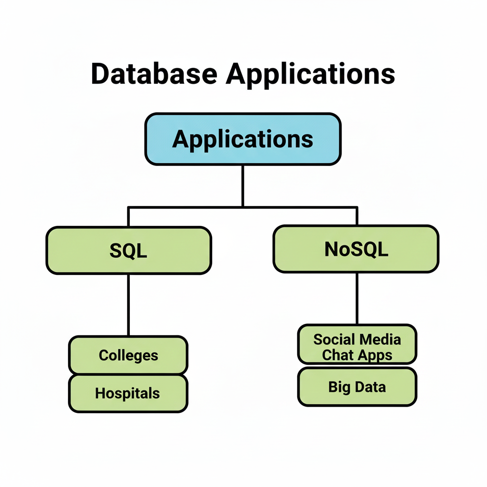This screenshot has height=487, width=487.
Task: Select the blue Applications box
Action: [x=243, y=139]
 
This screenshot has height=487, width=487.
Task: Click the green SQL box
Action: [x=128, y=251]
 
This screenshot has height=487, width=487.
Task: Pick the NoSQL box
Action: [x=356, y=249]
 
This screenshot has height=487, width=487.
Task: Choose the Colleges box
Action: [x=128, y=355]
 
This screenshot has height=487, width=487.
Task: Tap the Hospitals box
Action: [x=128, y=393]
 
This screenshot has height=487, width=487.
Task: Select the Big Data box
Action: [x=357, y=387]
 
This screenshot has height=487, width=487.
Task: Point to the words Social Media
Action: [x=357, y=340]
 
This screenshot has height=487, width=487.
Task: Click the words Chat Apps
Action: [x=357, y=355]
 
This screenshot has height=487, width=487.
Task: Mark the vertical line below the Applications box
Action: [x=243, y=185]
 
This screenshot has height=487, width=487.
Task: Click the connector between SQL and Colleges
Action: [x=128, y=304]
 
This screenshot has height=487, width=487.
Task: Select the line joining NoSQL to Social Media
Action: [x=357, y=298]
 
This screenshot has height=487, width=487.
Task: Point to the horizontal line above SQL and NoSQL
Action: [x=243, y=207]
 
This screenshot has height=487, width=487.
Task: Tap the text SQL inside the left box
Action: [x=128, y=251]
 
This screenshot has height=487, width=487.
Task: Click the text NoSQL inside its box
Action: [x=356, y=249]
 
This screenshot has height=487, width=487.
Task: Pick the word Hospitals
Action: [x=127, y=393]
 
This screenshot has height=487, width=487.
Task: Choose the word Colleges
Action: [x=128, y=355]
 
